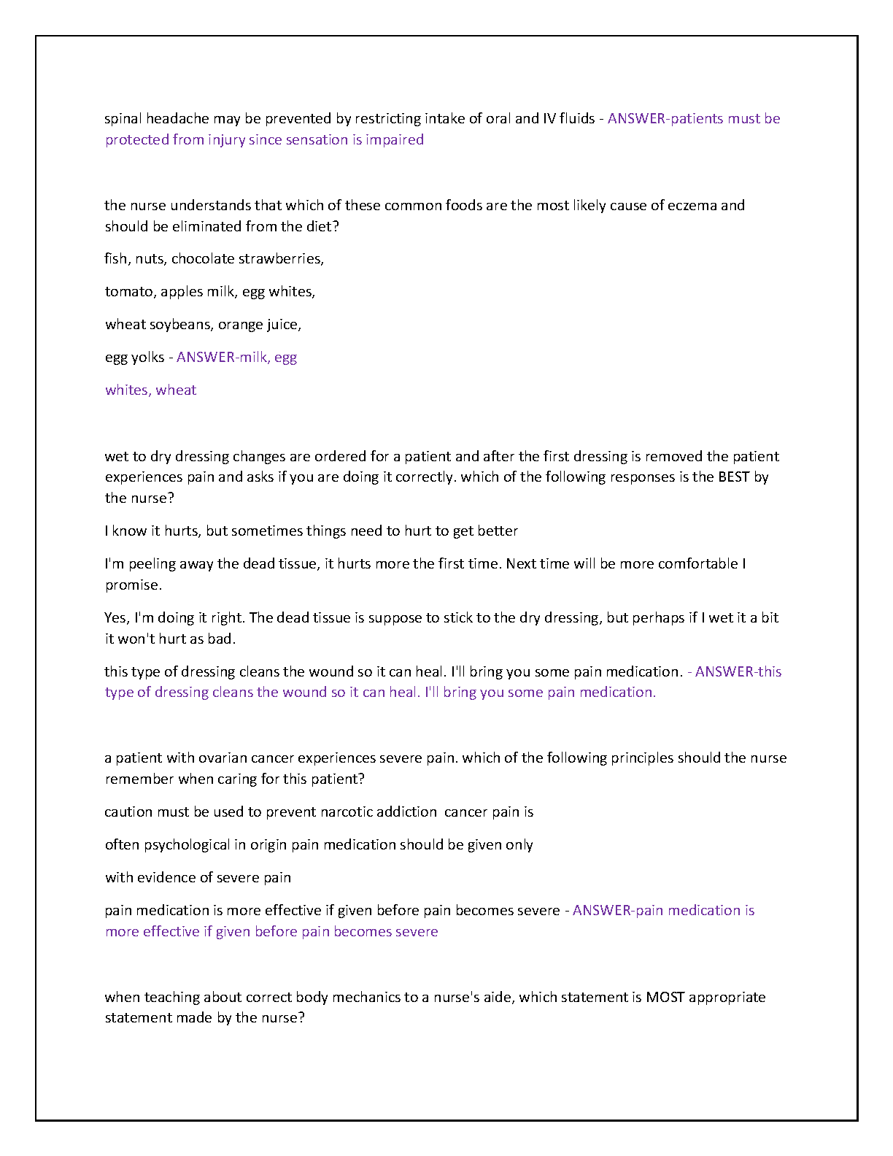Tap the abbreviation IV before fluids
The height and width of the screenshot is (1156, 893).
click(549, 119)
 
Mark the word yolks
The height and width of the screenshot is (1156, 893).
click(148, 357)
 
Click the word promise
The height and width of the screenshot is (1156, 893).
click(133, 585)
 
